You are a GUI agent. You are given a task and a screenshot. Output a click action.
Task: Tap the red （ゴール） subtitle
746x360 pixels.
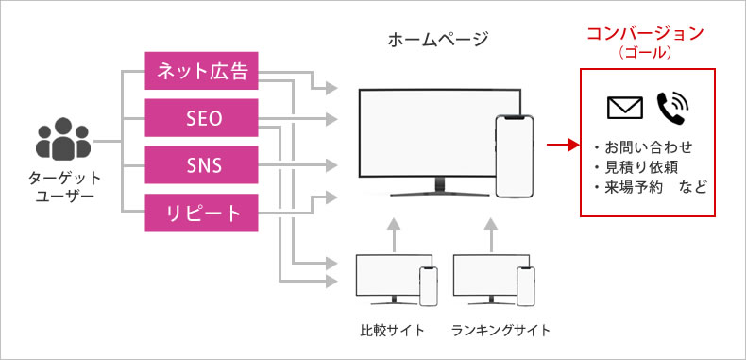645,54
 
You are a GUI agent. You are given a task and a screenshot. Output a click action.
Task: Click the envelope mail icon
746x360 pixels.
624,108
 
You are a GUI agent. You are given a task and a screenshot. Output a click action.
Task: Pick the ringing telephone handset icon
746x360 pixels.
672,108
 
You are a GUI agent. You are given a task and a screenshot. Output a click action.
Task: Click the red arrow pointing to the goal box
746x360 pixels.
562,146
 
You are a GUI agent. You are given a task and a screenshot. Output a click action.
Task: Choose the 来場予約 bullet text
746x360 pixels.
637,186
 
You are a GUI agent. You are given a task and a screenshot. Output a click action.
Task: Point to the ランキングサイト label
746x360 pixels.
500,331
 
